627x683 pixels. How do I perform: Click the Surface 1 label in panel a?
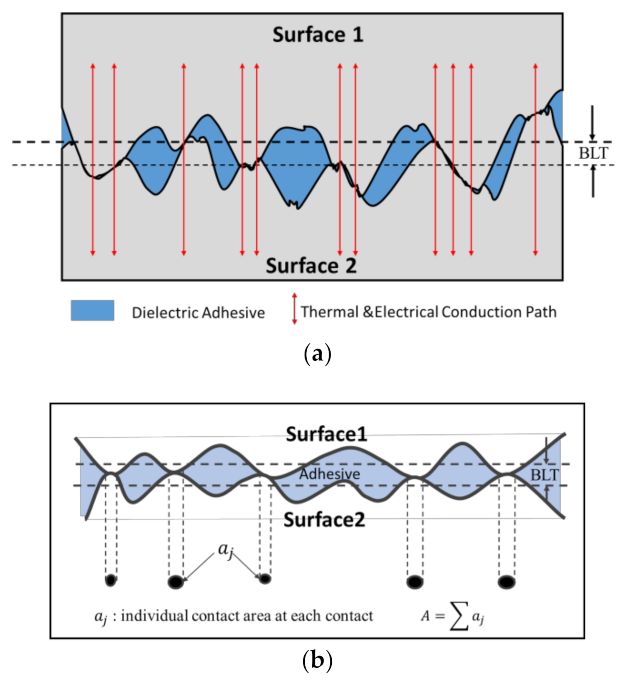tap(318, 35)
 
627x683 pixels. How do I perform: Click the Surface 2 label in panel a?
tap(311, 265)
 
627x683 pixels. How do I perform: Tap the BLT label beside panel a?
tap(593, 153)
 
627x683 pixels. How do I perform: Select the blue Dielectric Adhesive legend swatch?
tap(92, 310)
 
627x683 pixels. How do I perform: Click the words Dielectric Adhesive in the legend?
tap(198, 313)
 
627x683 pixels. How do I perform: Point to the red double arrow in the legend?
tap(294, 308)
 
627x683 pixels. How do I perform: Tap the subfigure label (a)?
tap(317, 354)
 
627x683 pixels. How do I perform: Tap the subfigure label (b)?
tap(317, 660)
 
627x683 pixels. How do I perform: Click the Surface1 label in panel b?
tap(326, 434)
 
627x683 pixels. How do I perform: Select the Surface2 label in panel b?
tap(324, 520)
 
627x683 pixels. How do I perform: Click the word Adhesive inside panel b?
tap(329, 474)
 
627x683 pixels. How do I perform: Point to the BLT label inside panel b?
tap(544, 475)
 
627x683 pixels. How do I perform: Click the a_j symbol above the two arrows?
tap(225, 549)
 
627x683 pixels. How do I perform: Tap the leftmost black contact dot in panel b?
tap(110, 580)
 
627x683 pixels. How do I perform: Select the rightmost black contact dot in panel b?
tap(506, 582)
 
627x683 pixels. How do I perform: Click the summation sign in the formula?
tap(458, 616)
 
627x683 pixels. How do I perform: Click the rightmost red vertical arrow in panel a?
tap(535, 159)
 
